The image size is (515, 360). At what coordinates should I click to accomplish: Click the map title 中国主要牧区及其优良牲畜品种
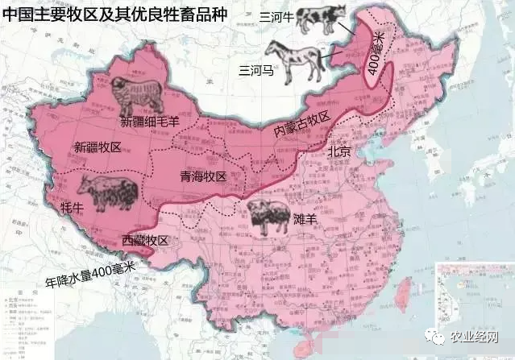click(x=115, y=15)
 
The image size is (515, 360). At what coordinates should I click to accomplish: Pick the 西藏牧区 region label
click(x=145, y=241)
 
